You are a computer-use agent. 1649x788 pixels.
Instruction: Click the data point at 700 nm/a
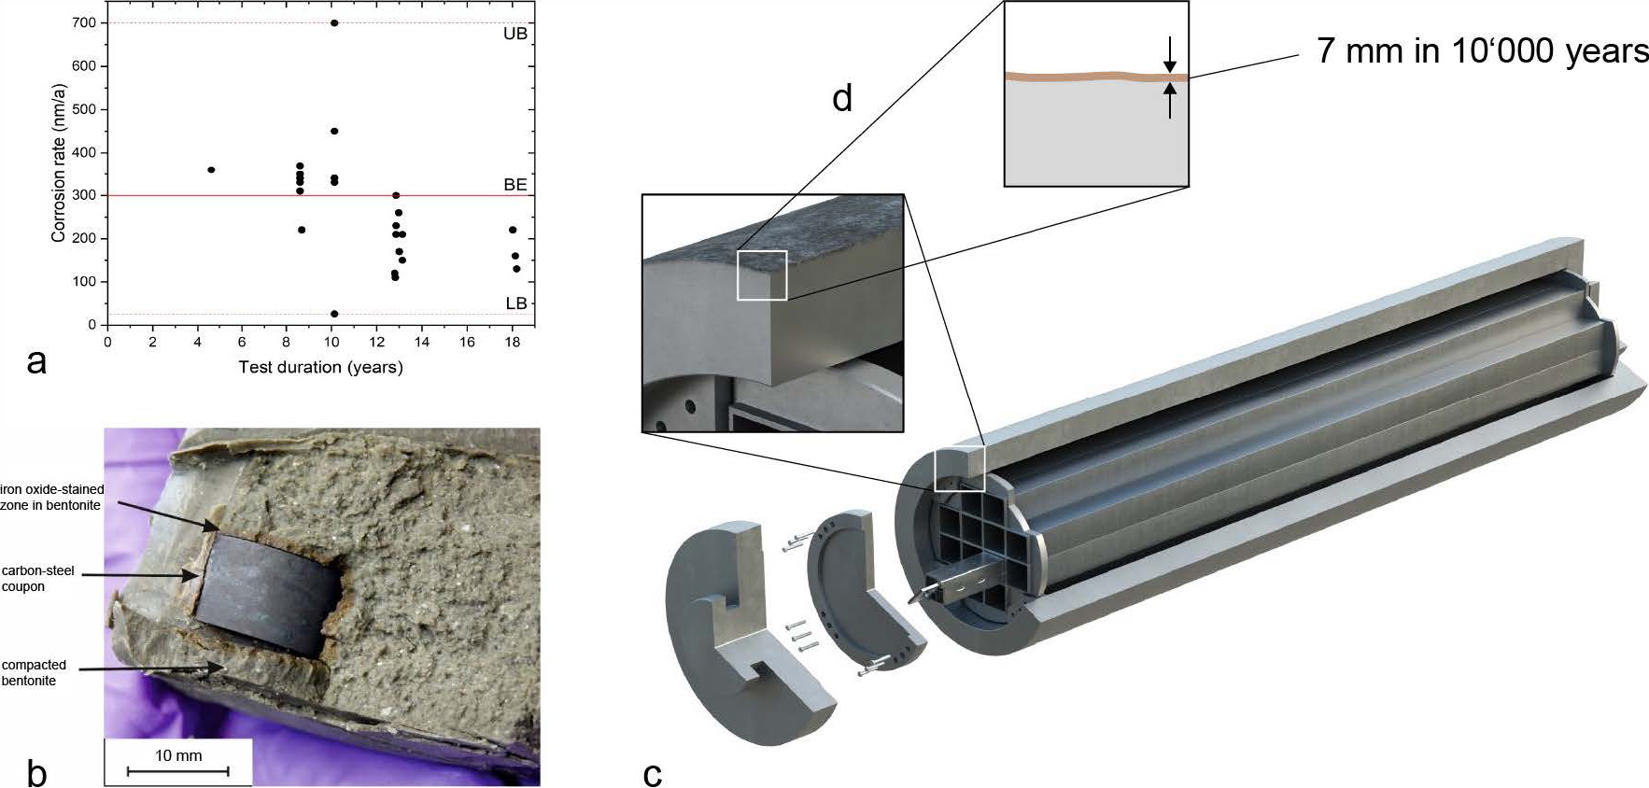pyautogui.click(x=334, y=23)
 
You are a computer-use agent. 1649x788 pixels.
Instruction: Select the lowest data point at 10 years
pyautogui.click(x=334, y=314)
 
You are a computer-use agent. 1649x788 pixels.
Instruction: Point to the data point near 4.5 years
pyautogui.click(x=211, y=170)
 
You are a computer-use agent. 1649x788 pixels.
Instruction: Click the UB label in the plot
pyautogui.click(x=515, y=34)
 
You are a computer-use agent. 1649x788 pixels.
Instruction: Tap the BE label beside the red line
pyautogui.click(x=515, y=185)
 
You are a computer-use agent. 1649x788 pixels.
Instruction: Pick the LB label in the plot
pyautogui.click(x=516, y=303)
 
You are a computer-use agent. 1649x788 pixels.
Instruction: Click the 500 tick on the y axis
pyautogui.click(x=84, y=109)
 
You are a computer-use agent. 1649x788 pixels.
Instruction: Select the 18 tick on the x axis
pyautogui.click(x=512, y=342)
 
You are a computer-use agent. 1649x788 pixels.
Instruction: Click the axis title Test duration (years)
pyautogui.click(x=320, y=367)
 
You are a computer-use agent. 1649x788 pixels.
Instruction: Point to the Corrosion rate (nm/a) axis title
pyautogui.click(x=59, y=163)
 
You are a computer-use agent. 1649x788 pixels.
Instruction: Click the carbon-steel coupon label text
pyautogui.click(x=37, y=579)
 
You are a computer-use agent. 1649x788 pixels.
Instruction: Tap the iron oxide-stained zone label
pyautogui.click(x=51, y=497)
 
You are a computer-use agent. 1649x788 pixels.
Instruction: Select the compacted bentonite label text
pyautogui.click(x=34, y=672)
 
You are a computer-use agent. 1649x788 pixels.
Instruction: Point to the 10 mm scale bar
pyautogui.click(x=177, y=770)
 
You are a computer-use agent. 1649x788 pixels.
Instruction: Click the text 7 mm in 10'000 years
pyautogui.click(x=1482, y=50)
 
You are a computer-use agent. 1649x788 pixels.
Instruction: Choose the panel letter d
pyautogui.click(x=842, y=98)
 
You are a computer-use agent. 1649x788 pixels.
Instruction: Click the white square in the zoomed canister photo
pyautogui.click(x=762, y=275)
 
